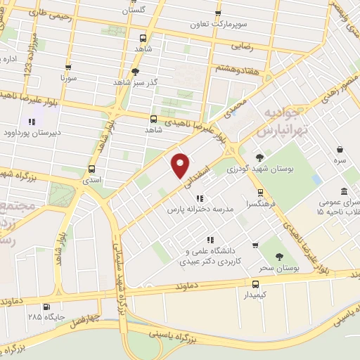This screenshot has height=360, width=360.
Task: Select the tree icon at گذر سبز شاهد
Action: click(136, 71)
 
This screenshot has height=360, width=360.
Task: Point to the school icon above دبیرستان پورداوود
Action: click(31, 120)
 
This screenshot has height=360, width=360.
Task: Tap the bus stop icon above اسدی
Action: click(92, 169)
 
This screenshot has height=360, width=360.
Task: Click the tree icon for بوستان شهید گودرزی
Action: click(259, 157)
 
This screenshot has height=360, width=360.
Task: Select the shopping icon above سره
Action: click(340, 150)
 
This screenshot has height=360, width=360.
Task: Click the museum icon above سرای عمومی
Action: click(343, 192)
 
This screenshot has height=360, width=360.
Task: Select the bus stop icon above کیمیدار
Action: click(255, 285)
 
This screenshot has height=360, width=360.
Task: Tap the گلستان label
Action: click(136, 11)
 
